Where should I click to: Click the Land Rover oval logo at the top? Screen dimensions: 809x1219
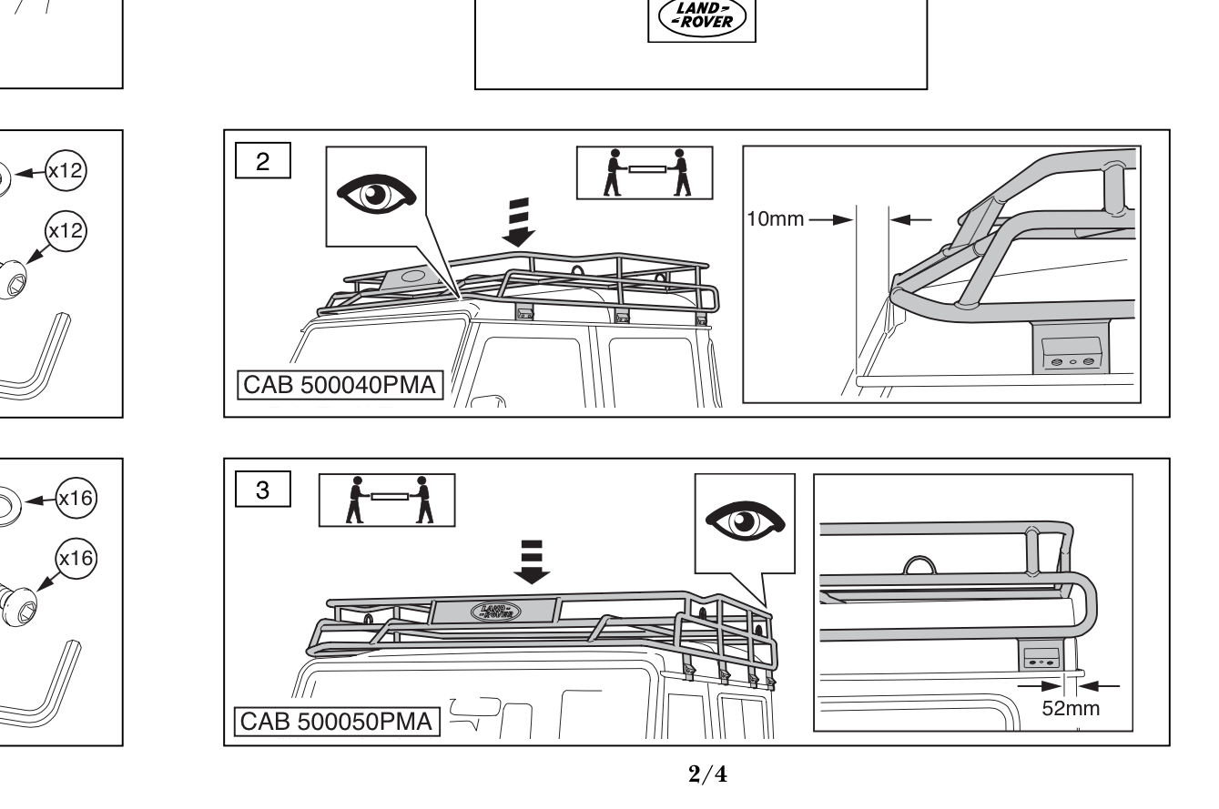coord(701,17)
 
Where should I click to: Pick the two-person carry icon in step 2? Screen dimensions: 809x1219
coord(645,173)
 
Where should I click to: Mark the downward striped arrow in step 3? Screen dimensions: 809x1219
coord(532,561)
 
